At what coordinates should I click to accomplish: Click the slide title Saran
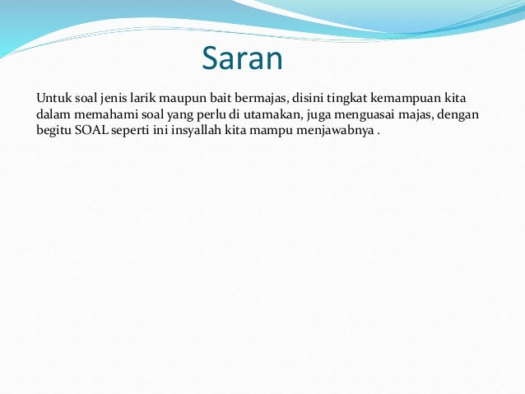point(242,59)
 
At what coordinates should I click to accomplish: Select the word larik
point(146,97)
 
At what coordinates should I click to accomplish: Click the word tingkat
point(351,97)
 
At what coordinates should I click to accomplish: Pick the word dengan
point(460,114)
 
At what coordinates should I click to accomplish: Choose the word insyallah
point(204,132)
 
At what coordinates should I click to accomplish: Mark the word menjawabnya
point(338,132)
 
